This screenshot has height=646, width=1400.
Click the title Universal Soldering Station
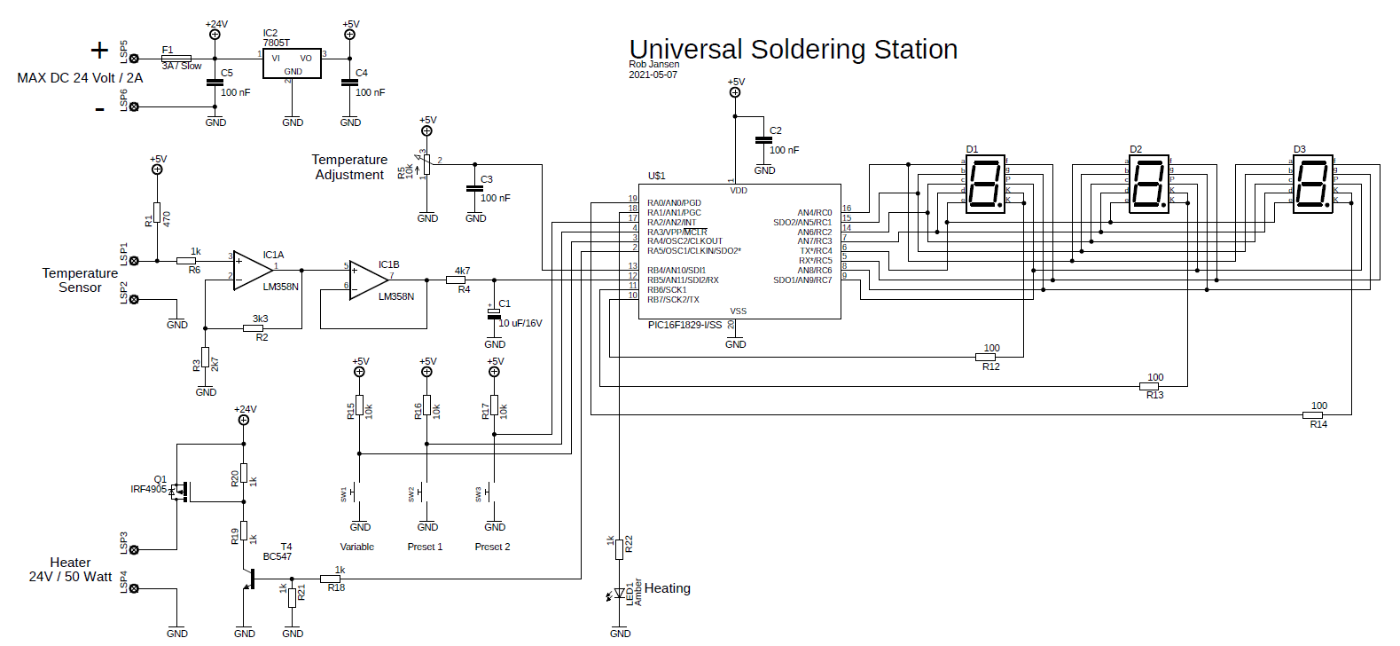(x=793, y=50)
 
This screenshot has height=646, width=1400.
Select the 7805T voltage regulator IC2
(x=292, y=63)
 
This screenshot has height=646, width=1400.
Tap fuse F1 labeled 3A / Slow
(x=176, y=59)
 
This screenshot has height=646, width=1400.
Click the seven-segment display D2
(x=1149, y=185)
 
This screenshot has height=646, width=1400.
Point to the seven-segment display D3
(x=1312, y=185)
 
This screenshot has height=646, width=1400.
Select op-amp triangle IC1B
(x=367, y=280)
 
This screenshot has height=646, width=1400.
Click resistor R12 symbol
(x=985, y=357)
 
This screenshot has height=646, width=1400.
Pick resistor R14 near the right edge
(x=1312, y=414)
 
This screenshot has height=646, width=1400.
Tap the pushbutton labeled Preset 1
(x=426, y=491)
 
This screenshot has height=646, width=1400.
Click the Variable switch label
(x=357, y=547)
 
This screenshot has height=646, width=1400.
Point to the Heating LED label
(x=667, y=588)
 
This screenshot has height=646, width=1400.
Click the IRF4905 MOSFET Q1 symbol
(x=180, y=490)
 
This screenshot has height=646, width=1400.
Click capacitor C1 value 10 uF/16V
(x=520, y=323)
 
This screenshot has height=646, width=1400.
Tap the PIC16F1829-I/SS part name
(x=684, y=325)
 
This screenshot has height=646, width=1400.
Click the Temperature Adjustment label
(x=349, y=167)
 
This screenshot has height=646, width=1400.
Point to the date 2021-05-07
(x=653, y=75)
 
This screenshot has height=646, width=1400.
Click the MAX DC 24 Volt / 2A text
(x=80, y=78)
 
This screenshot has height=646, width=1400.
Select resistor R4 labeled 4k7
(x=456, y=280)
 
